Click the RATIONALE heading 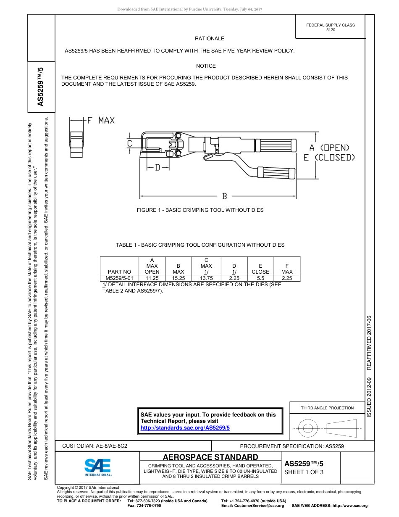pos(209,39)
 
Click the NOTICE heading pos(206,66)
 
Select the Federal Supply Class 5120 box pos(331,28)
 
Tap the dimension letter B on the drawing pos(225,196)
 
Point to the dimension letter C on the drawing pos(130,143)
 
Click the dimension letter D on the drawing pos(157,168)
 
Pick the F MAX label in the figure pos(100,121)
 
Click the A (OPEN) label pos(330,148)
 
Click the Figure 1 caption pos(200,210)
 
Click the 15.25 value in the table pos(178,278)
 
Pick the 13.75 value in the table pos(206,278)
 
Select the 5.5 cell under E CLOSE pos(260,278)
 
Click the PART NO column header pos(119,272)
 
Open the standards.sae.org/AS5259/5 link pos(185,427)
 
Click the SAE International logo pos(98,466)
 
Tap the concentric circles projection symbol pos(308,428)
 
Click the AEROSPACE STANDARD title pos(210,457)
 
